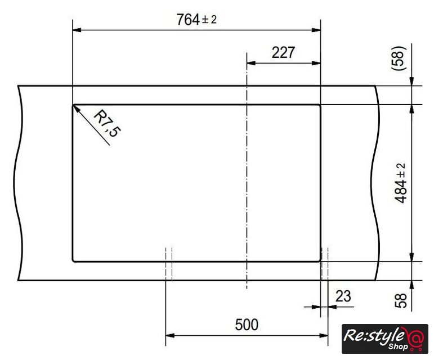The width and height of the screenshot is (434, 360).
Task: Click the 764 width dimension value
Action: (188, 20)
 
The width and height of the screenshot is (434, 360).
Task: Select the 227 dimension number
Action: (283, 52)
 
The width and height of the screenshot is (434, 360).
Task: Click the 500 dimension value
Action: (247, 325)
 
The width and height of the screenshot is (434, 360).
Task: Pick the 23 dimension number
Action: (343, 296)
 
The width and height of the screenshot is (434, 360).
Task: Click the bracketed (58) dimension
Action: (399, 58)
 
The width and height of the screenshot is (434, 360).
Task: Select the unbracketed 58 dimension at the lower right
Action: (401, 300)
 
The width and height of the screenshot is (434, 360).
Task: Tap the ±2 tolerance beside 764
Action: (209, 20)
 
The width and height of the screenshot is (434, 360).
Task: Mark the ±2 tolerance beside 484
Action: (402, 170)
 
